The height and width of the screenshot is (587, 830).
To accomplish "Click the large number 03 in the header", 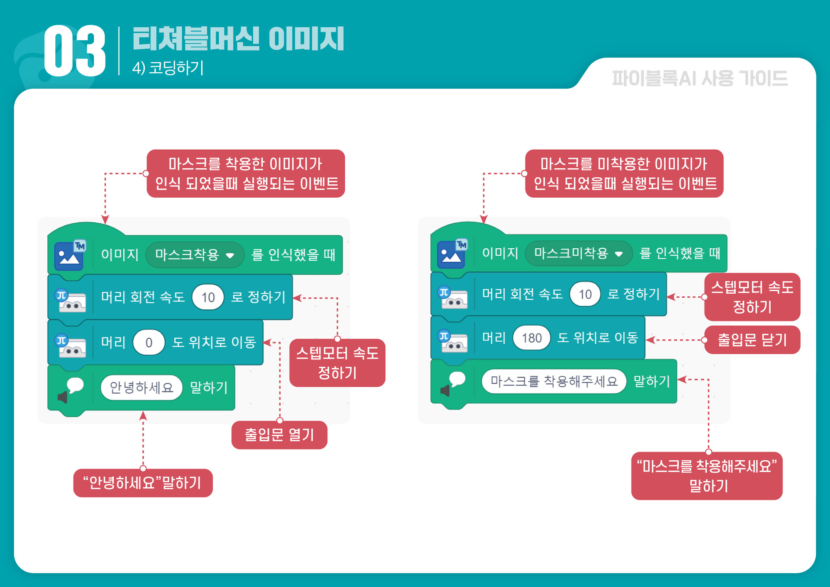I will pos(75,51).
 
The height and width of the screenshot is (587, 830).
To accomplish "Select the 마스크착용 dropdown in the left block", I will pos(195,255).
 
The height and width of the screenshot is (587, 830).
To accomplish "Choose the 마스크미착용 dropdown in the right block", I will pos(578,253).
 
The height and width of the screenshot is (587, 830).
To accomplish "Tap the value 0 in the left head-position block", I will pos(149,343).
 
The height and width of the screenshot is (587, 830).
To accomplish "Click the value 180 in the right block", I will pos(531,338).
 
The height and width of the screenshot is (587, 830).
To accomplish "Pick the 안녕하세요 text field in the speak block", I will pos(141,387).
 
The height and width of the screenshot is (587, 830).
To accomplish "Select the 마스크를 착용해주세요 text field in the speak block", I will pos(554,381).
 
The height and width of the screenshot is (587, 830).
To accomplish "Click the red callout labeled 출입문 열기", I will pos(279,435).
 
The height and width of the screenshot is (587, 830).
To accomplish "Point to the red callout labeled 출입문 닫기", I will pos(752,340).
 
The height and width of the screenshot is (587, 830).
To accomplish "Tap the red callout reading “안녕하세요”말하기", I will pos(143,483).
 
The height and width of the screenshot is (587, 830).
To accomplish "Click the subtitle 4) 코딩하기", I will pos(168,68).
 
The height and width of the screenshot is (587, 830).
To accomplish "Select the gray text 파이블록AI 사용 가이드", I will pos(699,79).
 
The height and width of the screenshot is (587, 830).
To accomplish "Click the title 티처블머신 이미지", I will pos(238,39).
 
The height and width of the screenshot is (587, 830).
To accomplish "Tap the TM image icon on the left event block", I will pos(70,255).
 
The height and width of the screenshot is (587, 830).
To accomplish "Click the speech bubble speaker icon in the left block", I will pos(71,389).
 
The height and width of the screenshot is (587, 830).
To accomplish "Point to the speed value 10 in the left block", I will pos(208,297).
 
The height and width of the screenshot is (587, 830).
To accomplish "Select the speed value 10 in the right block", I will pos(585,294).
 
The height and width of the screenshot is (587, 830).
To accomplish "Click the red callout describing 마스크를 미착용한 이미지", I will pos(624,173).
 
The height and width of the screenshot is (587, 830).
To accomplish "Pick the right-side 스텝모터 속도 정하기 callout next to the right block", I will pos(752,297).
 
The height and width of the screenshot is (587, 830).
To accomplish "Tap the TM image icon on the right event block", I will pos(452,253).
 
